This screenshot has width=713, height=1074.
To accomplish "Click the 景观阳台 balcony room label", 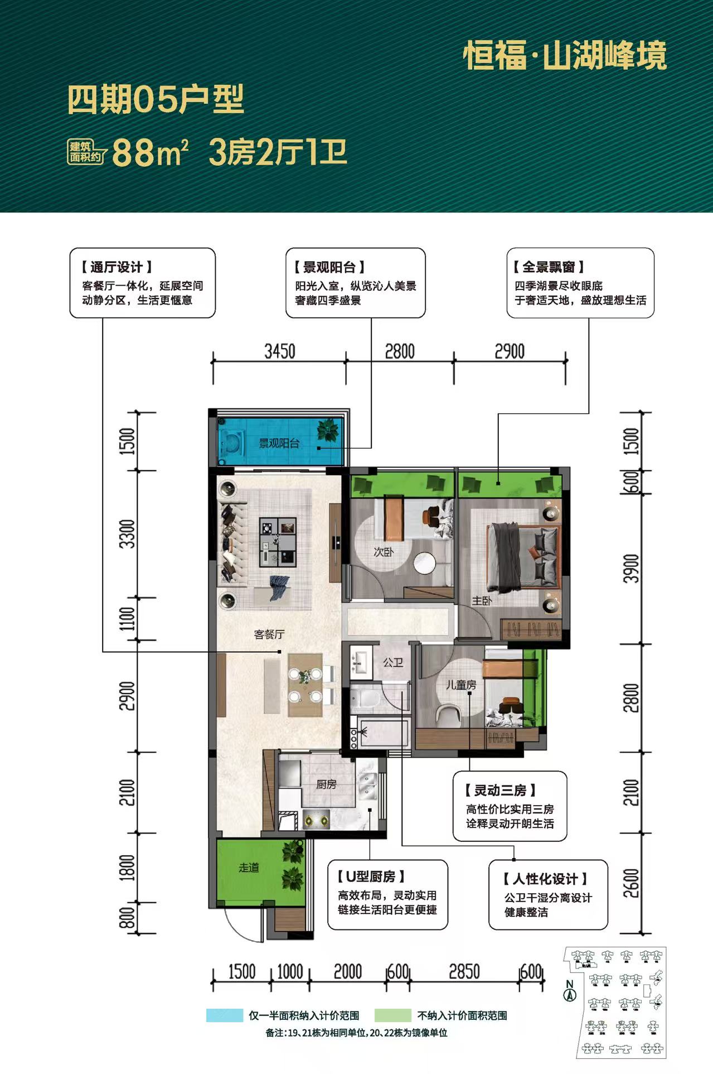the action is pos(279,444).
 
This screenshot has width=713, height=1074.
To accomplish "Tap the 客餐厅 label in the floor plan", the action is pos(269,634).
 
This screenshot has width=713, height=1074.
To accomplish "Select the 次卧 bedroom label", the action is pos(384,552).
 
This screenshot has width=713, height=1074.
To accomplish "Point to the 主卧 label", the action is pos(482,601).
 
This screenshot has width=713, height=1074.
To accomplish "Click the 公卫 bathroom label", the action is pos(393,662).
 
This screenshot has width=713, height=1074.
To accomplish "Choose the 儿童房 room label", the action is pos(461,685).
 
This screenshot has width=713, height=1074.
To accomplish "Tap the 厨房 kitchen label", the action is pos(326,784).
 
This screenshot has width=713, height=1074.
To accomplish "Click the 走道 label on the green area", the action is pos(249,868).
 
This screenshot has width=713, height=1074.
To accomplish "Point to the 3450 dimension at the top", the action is pos(280,351).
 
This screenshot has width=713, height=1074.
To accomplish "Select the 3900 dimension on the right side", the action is pos(631,569).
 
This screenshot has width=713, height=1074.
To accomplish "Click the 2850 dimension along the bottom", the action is pos(464,971).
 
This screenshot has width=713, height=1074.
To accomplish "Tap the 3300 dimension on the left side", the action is pos(128,533).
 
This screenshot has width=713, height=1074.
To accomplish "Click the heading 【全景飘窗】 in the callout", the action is pos(549,267).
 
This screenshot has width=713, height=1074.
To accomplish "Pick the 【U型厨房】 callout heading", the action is pos(371,876).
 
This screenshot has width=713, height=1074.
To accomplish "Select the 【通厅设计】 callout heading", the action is pos(117,267).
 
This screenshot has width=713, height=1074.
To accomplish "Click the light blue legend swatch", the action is pos(225,1015).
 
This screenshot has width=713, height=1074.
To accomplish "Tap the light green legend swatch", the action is pos(393,1015).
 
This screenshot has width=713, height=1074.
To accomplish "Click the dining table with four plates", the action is pos(305,685).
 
